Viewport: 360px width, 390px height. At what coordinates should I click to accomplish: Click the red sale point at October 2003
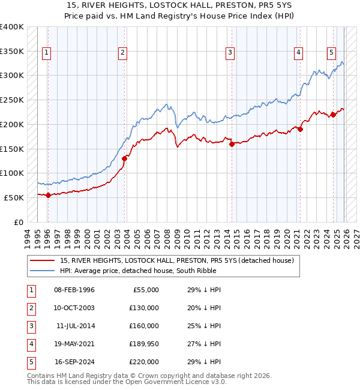(x=125, y=158)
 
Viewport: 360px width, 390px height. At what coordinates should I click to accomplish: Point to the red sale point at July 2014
(x=232, y=143)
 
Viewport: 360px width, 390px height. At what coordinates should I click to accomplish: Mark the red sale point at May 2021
(x=301, y=129)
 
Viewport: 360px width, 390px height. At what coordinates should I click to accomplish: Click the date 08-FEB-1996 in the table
(x=74, y=290)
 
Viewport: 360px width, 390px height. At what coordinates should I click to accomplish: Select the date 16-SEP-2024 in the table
(x=74, y=362)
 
